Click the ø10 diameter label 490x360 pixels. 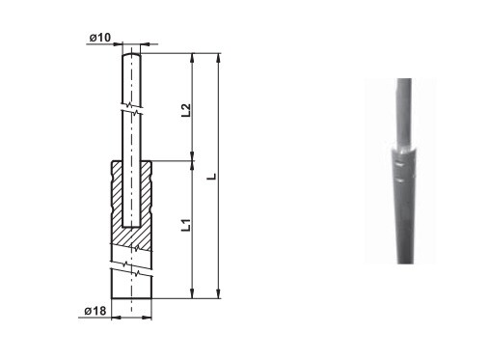click(x=99, y=38)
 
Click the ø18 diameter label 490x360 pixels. click(x=95, y=311)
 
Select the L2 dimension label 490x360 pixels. click(x=186, y=110)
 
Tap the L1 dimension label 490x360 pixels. click(x=186, y=225)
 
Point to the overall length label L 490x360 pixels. click(x=212, y=177)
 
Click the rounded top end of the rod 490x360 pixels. click(x=131, y=55)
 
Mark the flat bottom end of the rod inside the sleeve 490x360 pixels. click(x=131, y=227)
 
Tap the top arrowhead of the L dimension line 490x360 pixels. click(x=219, y=58)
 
